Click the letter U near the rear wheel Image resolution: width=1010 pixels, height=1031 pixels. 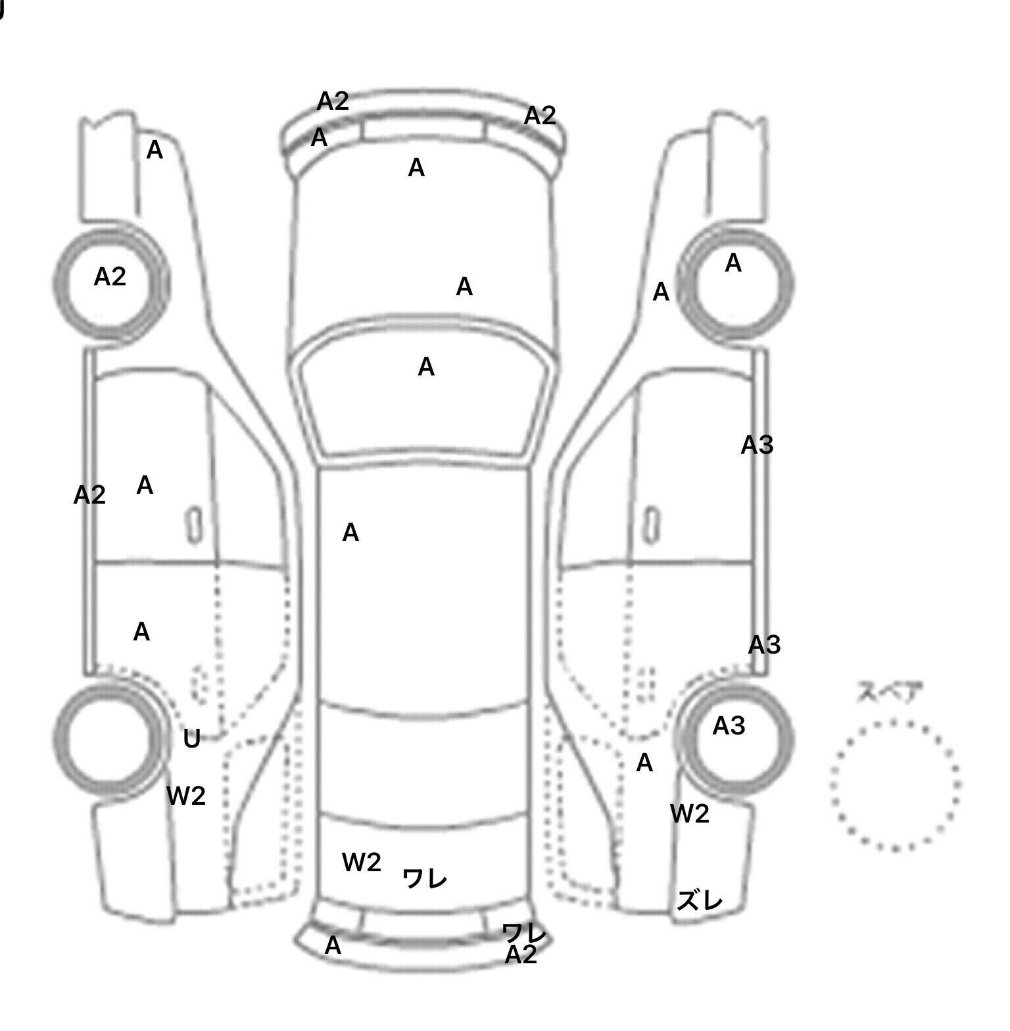(x=191, y=739)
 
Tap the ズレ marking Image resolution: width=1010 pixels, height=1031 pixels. (x=699, y=900)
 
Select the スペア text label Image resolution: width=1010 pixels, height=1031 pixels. (x=889, y=692)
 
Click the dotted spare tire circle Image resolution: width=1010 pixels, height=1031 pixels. (x=895, y=784)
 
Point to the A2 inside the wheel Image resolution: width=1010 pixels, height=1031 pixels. (x=110, y=277)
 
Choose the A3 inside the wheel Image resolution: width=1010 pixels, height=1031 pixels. (x=729, y=726)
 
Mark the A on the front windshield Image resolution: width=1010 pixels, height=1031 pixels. (x=426, y=367)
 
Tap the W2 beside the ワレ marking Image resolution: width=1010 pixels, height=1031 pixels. (x=361, y=862)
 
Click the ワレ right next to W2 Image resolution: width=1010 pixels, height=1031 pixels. (x=424, y=878)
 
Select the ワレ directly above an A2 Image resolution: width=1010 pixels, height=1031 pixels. (x=524, y=932)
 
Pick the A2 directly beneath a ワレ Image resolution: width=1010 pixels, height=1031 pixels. (x=521, y=955)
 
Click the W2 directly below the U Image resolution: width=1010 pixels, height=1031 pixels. (x=186, y=796)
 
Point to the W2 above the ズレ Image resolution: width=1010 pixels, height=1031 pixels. (x=690, y=814)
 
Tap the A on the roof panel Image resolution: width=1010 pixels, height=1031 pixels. (x=350, y=533)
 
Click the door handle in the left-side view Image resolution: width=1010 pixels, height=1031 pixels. (x=194, y=525)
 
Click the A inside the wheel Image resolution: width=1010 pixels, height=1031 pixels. (x=733, y=264)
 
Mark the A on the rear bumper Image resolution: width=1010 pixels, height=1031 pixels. (x=333, y=946)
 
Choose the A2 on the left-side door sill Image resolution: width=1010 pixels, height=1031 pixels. (x=89, y=494)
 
